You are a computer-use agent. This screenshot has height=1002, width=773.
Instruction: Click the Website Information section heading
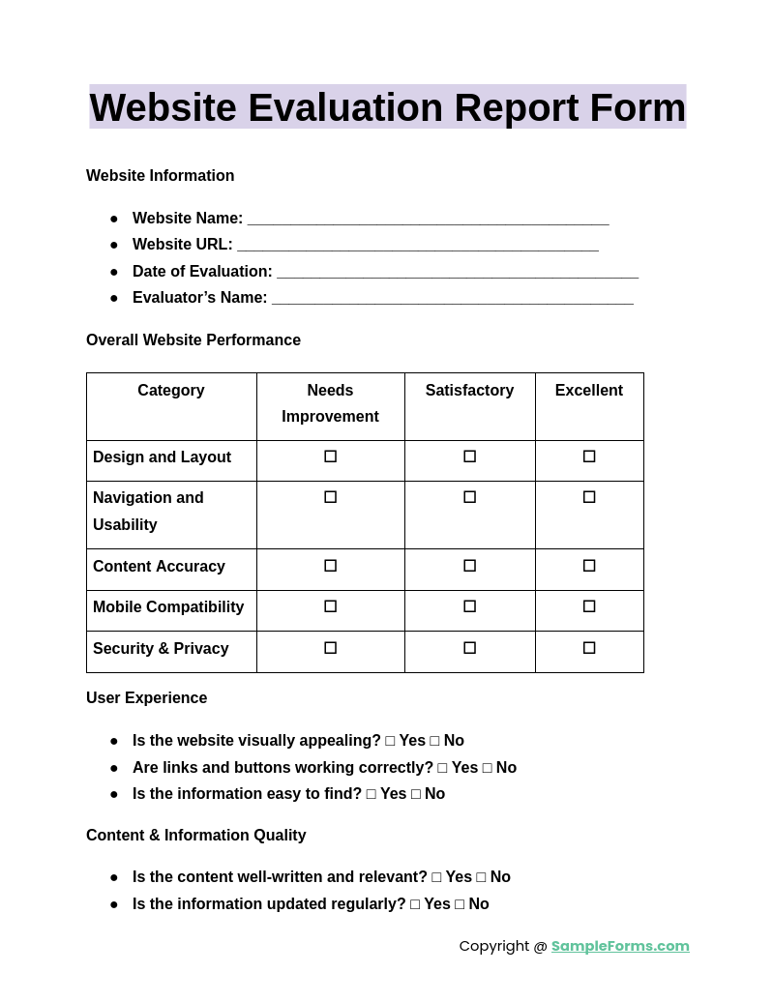160,176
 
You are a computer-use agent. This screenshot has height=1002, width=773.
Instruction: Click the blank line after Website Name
428,220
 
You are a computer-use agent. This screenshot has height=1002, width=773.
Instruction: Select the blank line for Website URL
417,246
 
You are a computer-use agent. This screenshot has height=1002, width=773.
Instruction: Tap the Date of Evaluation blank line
457,273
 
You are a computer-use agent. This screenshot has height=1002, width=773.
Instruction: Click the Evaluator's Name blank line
452,299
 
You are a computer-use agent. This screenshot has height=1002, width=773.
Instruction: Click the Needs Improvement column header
330,403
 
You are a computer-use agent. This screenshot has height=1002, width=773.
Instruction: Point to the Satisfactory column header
469,391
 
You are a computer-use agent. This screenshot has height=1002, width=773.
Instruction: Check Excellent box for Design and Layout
589,457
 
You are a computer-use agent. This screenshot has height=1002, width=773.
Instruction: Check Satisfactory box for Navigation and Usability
469,497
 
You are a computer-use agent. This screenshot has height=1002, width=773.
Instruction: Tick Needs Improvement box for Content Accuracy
330,566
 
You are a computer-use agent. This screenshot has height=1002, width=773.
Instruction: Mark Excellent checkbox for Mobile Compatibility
589,606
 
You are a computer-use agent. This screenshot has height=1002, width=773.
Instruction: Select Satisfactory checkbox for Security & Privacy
469,648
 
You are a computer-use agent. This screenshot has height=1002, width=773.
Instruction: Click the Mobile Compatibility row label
168,607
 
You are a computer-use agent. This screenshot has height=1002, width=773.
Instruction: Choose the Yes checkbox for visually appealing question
390,741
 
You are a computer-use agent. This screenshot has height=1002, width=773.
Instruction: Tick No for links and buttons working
487,768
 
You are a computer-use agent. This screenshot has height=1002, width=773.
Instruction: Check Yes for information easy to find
371,794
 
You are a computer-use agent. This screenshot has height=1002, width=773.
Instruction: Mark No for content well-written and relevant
481,877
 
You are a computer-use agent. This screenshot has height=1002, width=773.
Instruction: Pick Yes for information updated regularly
415,904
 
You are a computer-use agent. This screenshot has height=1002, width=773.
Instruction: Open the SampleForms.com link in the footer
620,946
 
